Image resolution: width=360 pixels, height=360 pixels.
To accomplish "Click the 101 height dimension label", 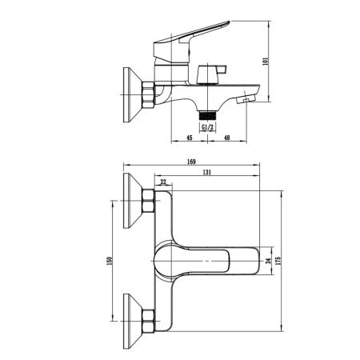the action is point(266,62).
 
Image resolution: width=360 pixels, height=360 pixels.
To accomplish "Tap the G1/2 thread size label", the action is point(207,127).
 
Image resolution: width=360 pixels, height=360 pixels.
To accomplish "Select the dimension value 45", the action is point(189,138).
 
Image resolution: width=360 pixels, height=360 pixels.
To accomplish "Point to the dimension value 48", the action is point(227,138).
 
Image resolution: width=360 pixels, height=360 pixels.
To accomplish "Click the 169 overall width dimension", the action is point(191,162).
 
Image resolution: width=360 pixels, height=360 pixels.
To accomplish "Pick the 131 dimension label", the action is point(207,172).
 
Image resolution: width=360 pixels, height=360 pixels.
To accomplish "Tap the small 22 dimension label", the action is point(163,182).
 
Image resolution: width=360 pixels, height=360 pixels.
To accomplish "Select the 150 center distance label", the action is point(109,261).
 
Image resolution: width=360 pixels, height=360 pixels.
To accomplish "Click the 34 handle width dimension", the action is point(269,261).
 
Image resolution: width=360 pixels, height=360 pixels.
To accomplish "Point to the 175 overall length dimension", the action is point(278,261).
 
